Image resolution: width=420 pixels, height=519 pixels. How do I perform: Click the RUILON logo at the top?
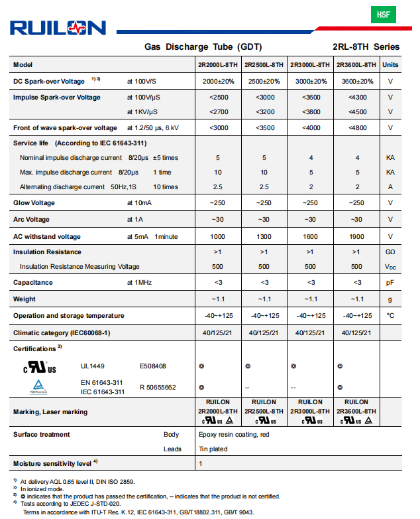coord(58,27)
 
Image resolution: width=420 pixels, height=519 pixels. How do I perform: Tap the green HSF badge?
coord(383,14)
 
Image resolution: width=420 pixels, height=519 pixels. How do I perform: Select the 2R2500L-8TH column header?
coord(264,65)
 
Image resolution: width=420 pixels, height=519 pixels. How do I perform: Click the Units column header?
coord(390,65)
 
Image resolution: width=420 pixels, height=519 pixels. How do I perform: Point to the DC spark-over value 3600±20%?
coord(356,82)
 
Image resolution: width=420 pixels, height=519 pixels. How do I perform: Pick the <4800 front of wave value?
coord(356,128)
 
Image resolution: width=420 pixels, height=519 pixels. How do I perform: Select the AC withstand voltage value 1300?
coord(264,237)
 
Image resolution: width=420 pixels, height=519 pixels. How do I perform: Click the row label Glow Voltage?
coord(34,203)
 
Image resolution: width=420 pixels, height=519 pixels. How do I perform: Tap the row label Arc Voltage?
coord(31,220)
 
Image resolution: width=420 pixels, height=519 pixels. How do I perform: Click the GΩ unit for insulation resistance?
coord(390,252)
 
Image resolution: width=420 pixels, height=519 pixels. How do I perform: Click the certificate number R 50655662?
coord(158,388)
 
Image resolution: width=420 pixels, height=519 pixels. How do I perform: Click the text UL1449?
coord(92,366)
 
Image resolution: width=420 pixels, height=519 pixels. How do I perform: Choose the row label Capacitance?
coord(32,283)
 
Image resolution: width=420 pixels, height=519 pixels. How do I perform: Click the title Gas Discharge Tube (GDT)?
coord(203,47)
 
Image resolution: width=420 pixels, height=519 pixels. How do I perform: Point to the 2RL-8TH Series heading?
coord(366,47)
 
